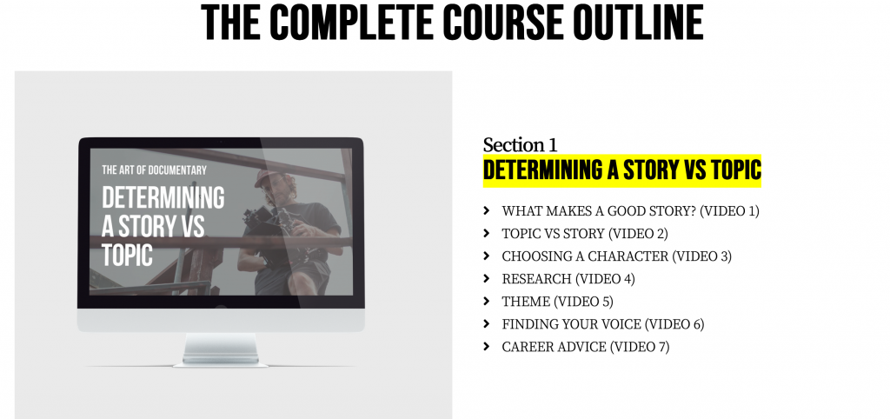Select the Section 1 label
520,145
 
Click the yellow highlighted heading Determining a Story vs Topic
621,170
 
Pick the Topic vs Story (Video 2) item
584,233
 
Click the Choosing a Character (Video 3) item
616,256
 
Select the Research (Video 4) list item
568,279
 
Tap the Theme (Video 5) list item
557,302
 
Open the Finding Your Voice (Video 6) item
602,324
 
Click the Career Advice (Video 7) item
585,347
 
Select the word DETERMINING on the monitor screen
163,198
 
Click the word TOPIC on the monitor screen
127,255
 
